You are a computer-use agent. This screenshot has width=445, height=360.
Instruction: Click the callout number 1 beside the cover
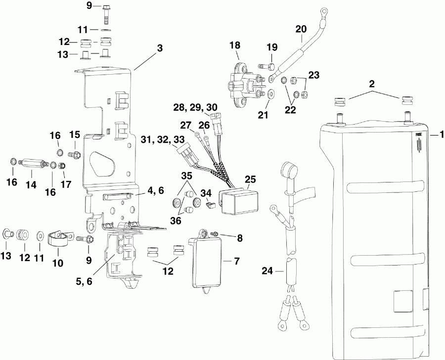(438, 134)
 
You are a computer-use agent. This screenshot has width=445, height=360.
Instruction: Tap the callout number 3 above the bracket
(160, 49)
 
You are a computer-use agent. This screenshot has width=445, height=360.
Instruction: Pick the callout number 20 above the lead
(301, 28)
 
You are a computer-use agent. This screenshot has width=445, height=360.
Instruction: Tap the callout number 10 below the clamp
(58, 263)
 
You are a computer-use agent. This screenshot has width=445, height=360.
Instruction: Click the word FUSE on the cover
(418, 134)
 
